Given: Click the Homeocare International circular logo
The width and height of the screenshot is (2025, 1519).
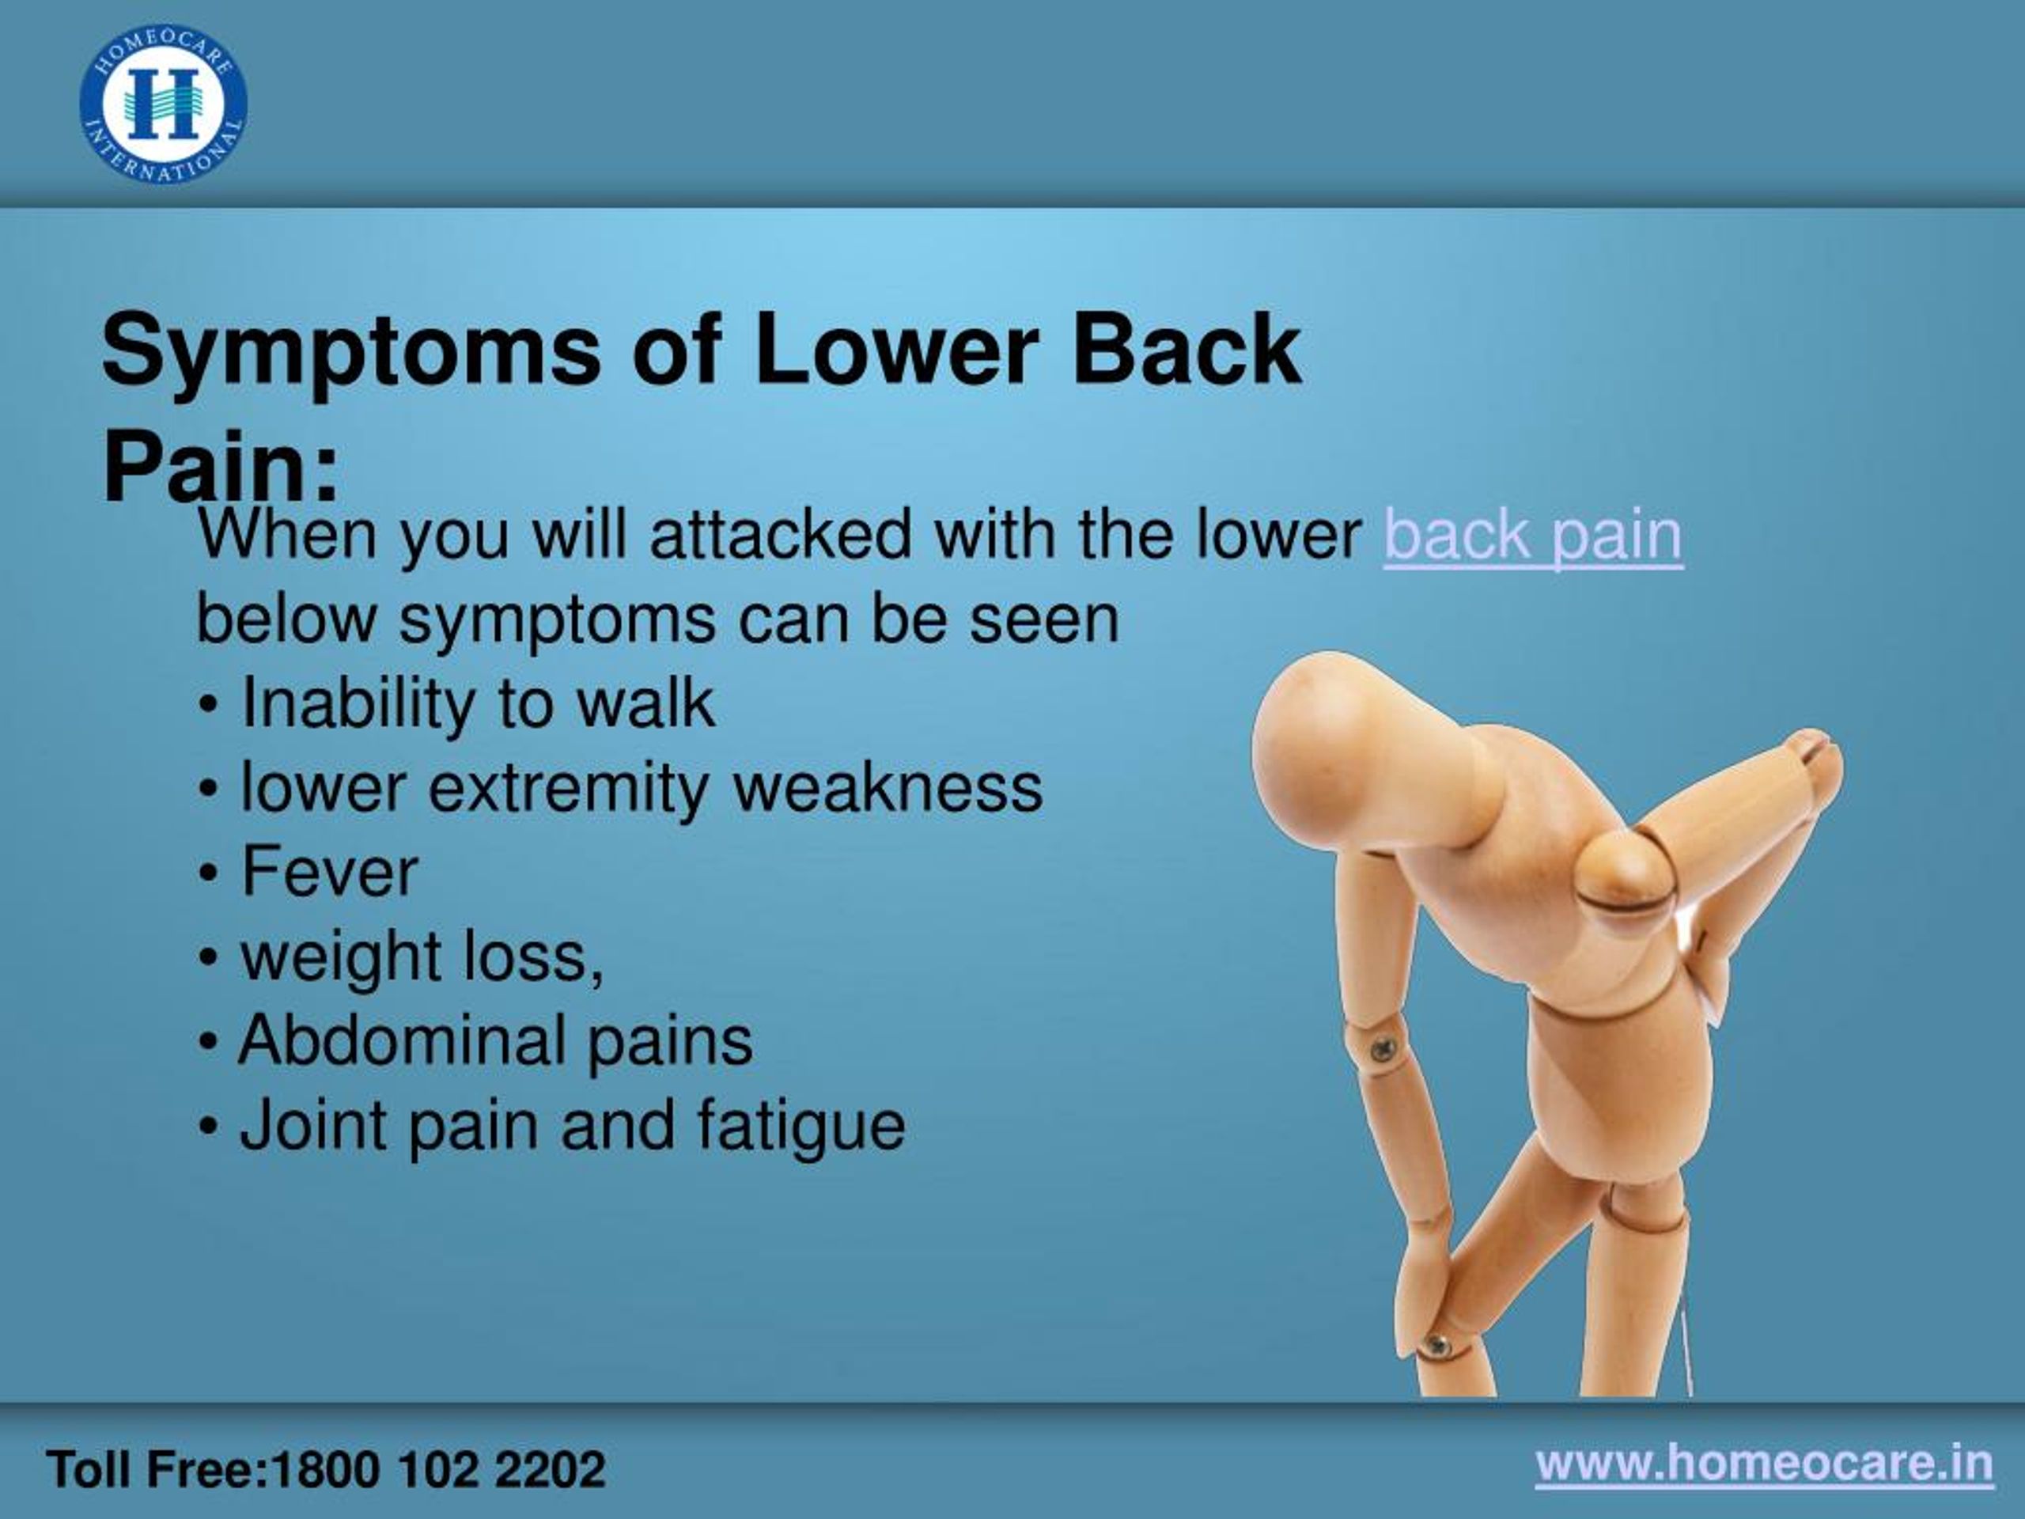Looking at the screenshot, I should (x=163, y=104).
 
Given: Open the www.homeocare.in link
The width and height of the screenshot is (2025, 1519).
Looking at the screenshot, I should (x=1763, y=1462).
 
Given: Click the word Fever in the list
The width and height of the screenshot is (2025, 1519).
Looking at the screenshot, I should (x=330, y=873).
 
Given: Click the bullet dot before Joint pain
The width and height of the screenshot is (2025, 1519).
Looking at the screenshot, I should (x=209, y=1127).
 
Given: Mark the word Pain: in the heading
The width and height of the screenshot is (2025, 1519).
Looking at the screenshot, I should (x=221, y=467).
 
